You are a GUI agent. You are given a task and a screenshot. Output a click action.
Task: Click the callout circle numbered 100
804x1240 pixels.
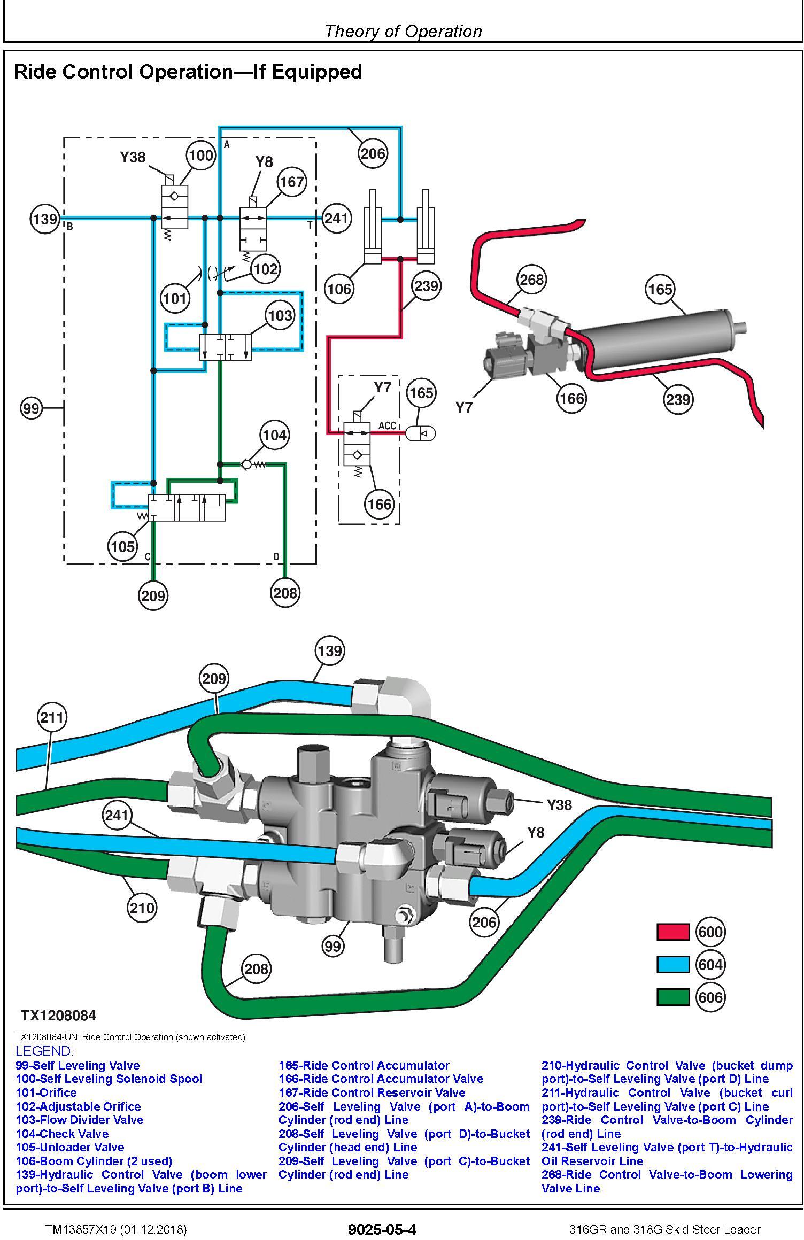point(200,156)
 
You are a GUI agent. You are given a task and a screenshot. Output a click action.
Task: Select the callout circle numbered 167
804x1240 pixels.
point(292,182)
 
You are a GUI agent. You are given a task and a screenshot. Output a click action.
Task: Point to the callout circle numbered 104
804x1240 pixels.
point(274,435)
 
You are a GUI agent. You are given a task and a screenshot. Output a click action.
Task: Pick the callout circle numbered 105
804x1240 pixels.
point(122,546)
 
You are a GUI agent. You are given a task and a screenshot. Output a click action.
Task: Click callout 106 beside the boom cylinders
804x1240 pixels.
point(339,289)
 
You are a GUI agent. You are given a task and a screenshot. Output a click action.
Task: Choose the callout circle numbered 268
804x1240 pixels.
point(531,280)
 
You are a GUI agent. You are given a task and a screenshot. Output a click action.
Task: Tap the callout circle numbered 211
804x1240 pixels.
point(52,717)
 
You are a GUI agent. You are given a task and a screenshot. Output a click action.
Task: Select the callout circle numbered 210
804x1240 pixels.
point(142,907)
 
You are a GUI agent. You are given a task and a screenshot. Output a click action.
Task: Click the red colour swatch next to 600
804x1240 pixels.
point(673,932)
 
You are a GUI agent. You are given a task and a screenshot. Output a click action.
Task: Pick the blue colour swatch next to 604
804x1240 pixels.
point(673,965)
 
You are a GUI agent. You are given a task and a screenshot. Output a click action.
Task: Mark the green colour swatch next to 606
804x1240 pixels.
point(673,997)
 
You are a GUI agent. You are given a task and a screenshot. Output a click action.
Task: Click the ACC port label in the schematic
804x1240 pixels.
point(388,425)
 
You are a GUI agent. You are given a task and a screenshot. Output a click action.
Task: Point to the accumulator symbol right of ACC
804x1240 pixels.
point(421,434)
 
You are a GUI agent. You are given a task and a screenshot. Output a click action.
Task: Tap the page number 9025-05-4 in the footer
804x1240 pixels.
point(382,1229)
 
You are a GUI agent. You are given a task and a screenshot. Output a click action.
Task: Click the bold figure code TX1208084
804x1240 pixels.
point(59,1016)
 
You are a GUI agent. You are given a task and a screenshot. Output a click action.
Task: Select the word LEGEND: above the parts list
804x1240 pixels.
point(45,1051)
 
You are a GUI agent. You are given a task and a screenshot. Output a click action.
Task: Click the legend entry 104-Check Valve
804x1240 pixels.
point(62,1134)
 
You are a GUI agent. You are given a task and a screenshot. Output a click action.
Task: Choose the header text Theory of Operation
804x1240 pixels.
point(403,31)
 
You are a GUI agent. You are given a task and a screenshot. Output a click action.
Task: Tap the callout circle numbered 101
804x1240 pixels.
point(175,298)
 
